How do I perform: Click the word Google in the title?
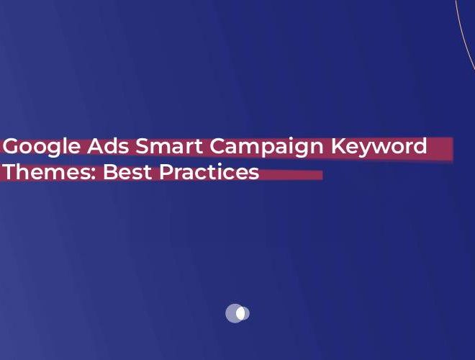42,147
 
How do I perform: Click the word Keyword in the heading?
379,147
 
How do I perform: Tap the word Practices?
209,173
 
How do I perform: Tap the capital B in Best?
111,173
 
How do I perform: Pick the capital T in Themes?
9,173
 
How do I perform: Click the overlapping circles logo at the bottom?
237,313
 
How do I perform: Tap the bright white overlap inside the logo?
240,313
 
